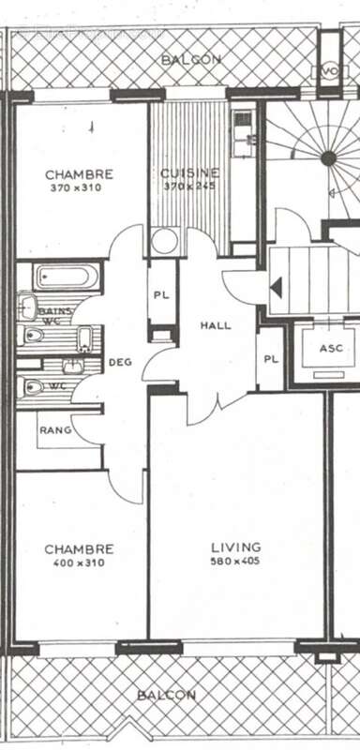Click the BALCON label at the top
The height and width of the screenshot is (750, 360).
[x=190, y=59]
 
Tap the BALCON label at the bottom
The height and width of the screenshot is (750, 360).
[x=166, y=696]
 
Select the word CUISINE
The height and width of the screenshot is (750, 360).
[x=189, y=172]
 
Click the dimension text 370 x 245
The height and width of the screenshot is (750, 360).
[x=189, y=186]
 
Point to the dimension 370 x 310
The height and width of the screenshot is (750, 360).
[x=75, y=187]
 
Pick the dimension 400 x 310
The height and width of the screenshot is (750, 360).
[x=79, y=563]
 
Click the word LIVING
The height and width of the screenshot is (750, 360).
[x=235, y=547]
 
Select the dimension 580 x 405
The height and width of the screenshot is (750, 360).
[x=235, y=562]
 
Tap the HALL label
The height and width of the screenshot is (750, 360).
[x=216, y=325]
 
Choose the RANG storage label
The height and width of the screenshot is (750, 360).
[x=51, y=430]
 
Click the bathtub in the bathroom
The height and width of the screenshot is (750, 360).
[x=64, y=278]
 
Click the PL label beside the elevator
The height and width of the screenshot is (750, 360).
[x=270, y=358]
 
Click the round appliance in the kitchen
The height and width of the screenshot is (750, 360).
[x=165, y=242]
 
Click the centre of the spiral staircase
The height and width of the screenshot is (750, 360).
[x=327, y=158]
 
